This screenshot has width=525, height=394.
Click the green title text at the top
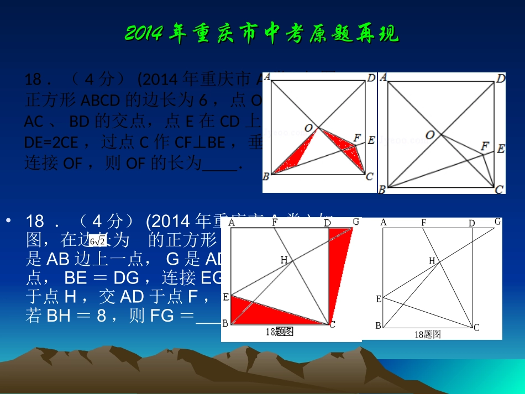tap(261, 34)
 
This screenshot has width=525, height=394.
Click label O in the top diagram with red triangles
tap(308, 128)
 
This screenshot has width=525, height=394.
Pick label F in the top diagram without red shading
tap(485, 146)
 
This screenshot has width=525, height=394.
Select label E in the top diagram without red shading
tap(500, 148)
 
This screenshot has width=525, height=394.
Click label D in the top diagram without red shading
tap(500, 78)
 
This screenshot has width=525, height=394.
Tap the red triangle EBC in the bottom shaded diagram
tap(271, 312)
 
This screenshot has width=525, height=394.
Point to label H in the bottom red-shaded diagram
tap(284, 259)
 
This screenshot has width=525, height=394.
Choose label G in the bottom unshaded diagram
tap(498, 222)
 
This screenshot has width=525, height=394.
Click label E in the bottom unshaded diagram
tap(379, 299)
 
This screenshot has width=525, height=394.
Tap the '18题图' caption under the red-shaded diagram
tap(279, 332)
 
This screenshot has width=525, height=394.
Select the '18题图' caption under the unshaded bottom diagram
tap(428, 334)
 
